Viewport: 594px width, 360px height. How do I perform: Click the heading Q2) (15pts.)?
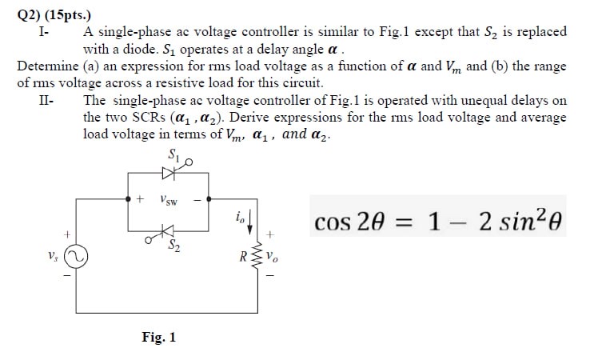50,13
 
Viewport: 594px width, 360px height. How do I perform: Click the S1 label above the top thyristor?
173,154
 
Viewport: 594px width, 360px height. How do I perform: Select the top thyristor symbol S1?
169,170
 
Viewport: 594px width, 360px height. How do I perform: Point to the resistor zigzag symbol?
257,258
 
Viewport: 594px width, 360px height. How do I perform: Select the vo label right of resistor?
273,259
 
